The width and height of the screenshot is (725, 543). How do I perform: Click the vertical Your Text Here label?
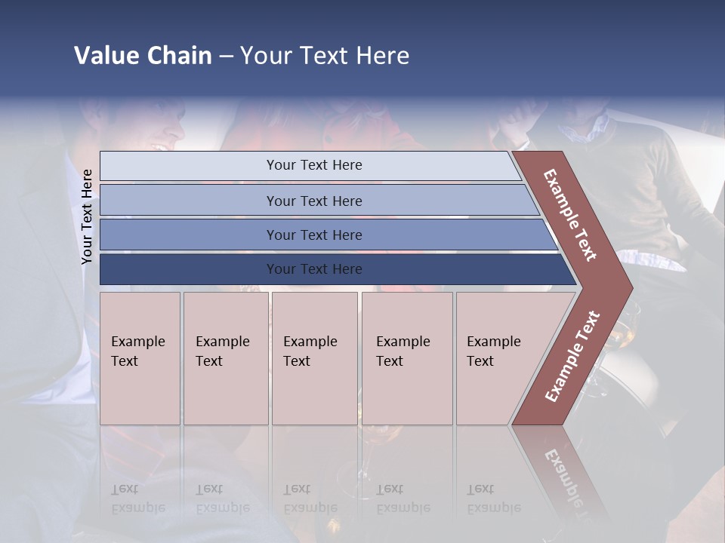tap(87, 216)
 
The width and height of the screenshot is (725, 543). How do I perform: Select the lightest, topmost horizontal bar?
tap(310, 165)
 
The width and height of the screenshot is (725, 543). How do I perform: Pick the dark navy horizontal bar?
tap(332, 269)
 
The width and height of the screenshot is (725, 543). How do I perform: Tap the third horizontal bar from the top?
tap(325, 235)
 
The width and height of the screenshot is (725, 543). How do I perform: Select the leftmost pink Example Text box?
tap(140, 358)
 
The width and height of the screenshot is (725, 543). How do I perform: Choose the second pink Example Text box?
tap(226, 358)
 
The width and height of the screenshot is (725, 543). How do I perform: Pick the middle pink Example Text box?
tap(314, 358)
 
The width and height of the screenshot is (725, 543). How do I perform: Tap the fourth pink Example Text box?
tap(407, 358)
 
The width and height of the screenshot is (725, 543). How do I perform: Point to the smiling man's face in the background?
tap(162, 128)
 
